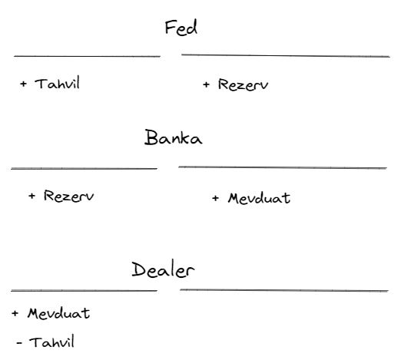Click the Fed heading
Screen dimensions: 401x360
tap(181, 27)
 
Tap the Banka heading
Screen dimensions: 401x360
tap(174, 137)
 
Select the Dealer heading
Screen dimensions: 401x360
tap(163, 269)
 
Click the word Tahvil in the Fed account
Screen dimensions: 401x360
tap(58, 83)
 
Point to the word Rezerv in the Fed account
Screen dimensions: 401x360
tap(243, 84)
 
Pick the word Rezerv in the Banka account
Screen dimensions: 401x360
tap(68, 196)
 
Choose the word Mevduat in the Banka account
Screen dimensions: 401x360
tap(259, 198)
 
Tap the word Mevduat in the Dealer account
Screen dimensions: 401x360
tap(58, 313)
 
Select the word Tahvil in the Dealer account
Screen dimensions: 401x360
tap(52, 342)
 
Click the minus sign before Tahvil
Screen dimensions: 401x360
tap(19, 342)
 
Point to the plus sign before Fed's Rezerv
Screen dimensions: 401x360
tap(206, 84)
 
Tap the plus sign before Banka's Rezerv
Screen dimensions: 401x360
tap(31, 196)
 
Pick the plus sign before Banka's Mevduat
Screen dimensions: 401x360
tap(215, 198)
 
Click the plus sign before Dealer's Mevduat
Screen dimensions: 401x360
tap(15, 313)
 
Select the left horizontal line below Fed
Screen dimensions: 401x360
tap(87, 56)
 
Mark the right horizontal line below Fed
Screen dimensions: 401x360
tap(286, 55)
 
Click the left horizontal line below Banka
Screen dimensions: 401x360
tap(84, 169)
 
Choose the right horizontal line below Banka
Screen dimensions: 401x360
tap(283, 167)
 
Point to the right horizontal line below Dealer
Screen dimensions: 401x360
tap(284, 290)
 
